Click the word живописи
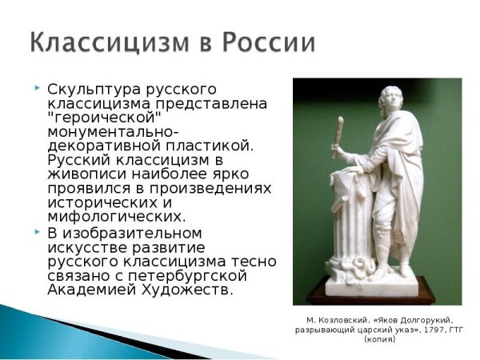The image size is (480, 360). [88, 174]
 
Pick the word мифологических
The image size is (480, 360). [116, 217]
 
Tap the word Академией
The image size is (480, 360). [93, 290]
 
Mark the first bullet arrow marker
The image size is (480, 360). [37, 86]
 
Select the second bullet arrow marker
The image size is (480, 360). [37, 231]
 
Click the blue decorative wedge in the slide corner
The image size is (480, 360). [48, 324]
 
